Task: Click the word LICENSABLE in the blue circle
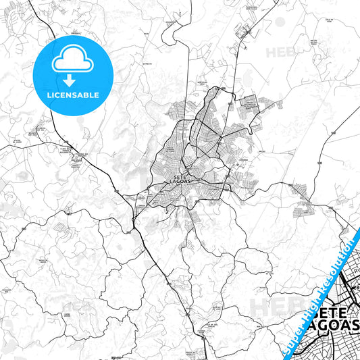coord(73,95)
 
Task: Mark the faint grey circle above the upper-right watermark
coord(280,22)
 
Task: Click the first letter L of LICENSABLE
coord(49,95)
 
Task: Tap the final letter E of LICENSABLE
coord(97,95)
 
